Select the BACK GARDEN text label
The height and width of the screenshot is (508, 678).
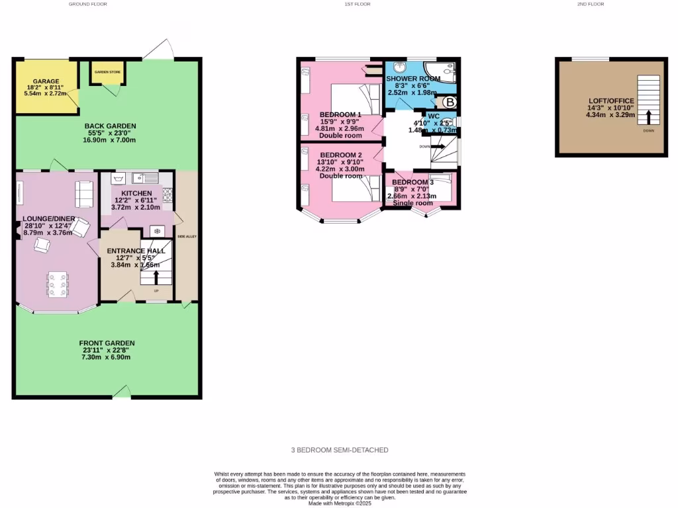pos(110,126)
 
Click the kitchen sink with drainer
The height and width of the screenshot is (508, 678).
pos(144,177)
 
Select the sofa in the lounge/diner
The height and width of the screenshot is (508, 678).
pos(84,192)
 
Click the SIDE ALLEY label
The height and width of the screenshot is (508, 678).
pos(186,236)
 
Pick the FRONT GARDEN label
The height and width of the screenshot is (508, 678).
pos(107,343)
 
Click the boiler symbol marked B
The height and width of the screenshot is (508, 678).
pos(450,103)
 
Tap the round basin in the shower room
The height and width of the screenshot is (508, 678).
pos(399,67)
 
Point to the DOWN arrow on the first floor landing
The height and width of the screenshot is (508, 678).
pos(437,147)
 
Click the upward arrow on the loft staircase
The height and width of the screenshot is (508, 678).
pos(648,117)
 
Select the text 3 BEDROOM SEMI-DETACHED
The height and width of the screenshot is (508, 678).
pos(340,450)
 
